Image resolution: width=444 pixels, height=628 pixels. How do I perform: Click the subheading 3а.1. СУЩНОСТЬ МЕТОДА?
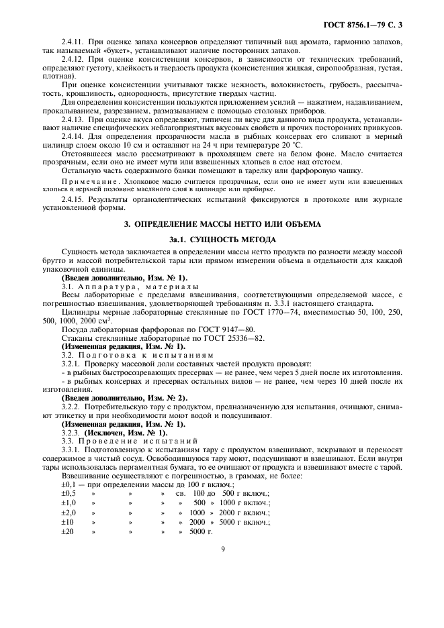pyautogui.click(x=222, y=238)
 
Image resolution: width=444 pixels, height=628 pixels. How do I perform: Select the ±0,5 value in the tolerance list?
pyautogui.click(x=69, y=493)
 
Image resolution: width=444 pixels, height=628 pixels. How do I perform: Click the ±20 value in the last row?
pyautogui.click(x=67, y=531)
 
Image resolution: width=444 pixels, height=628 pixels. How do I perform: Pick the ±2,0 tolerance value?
pyautogui.click(x=69, y=512)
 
